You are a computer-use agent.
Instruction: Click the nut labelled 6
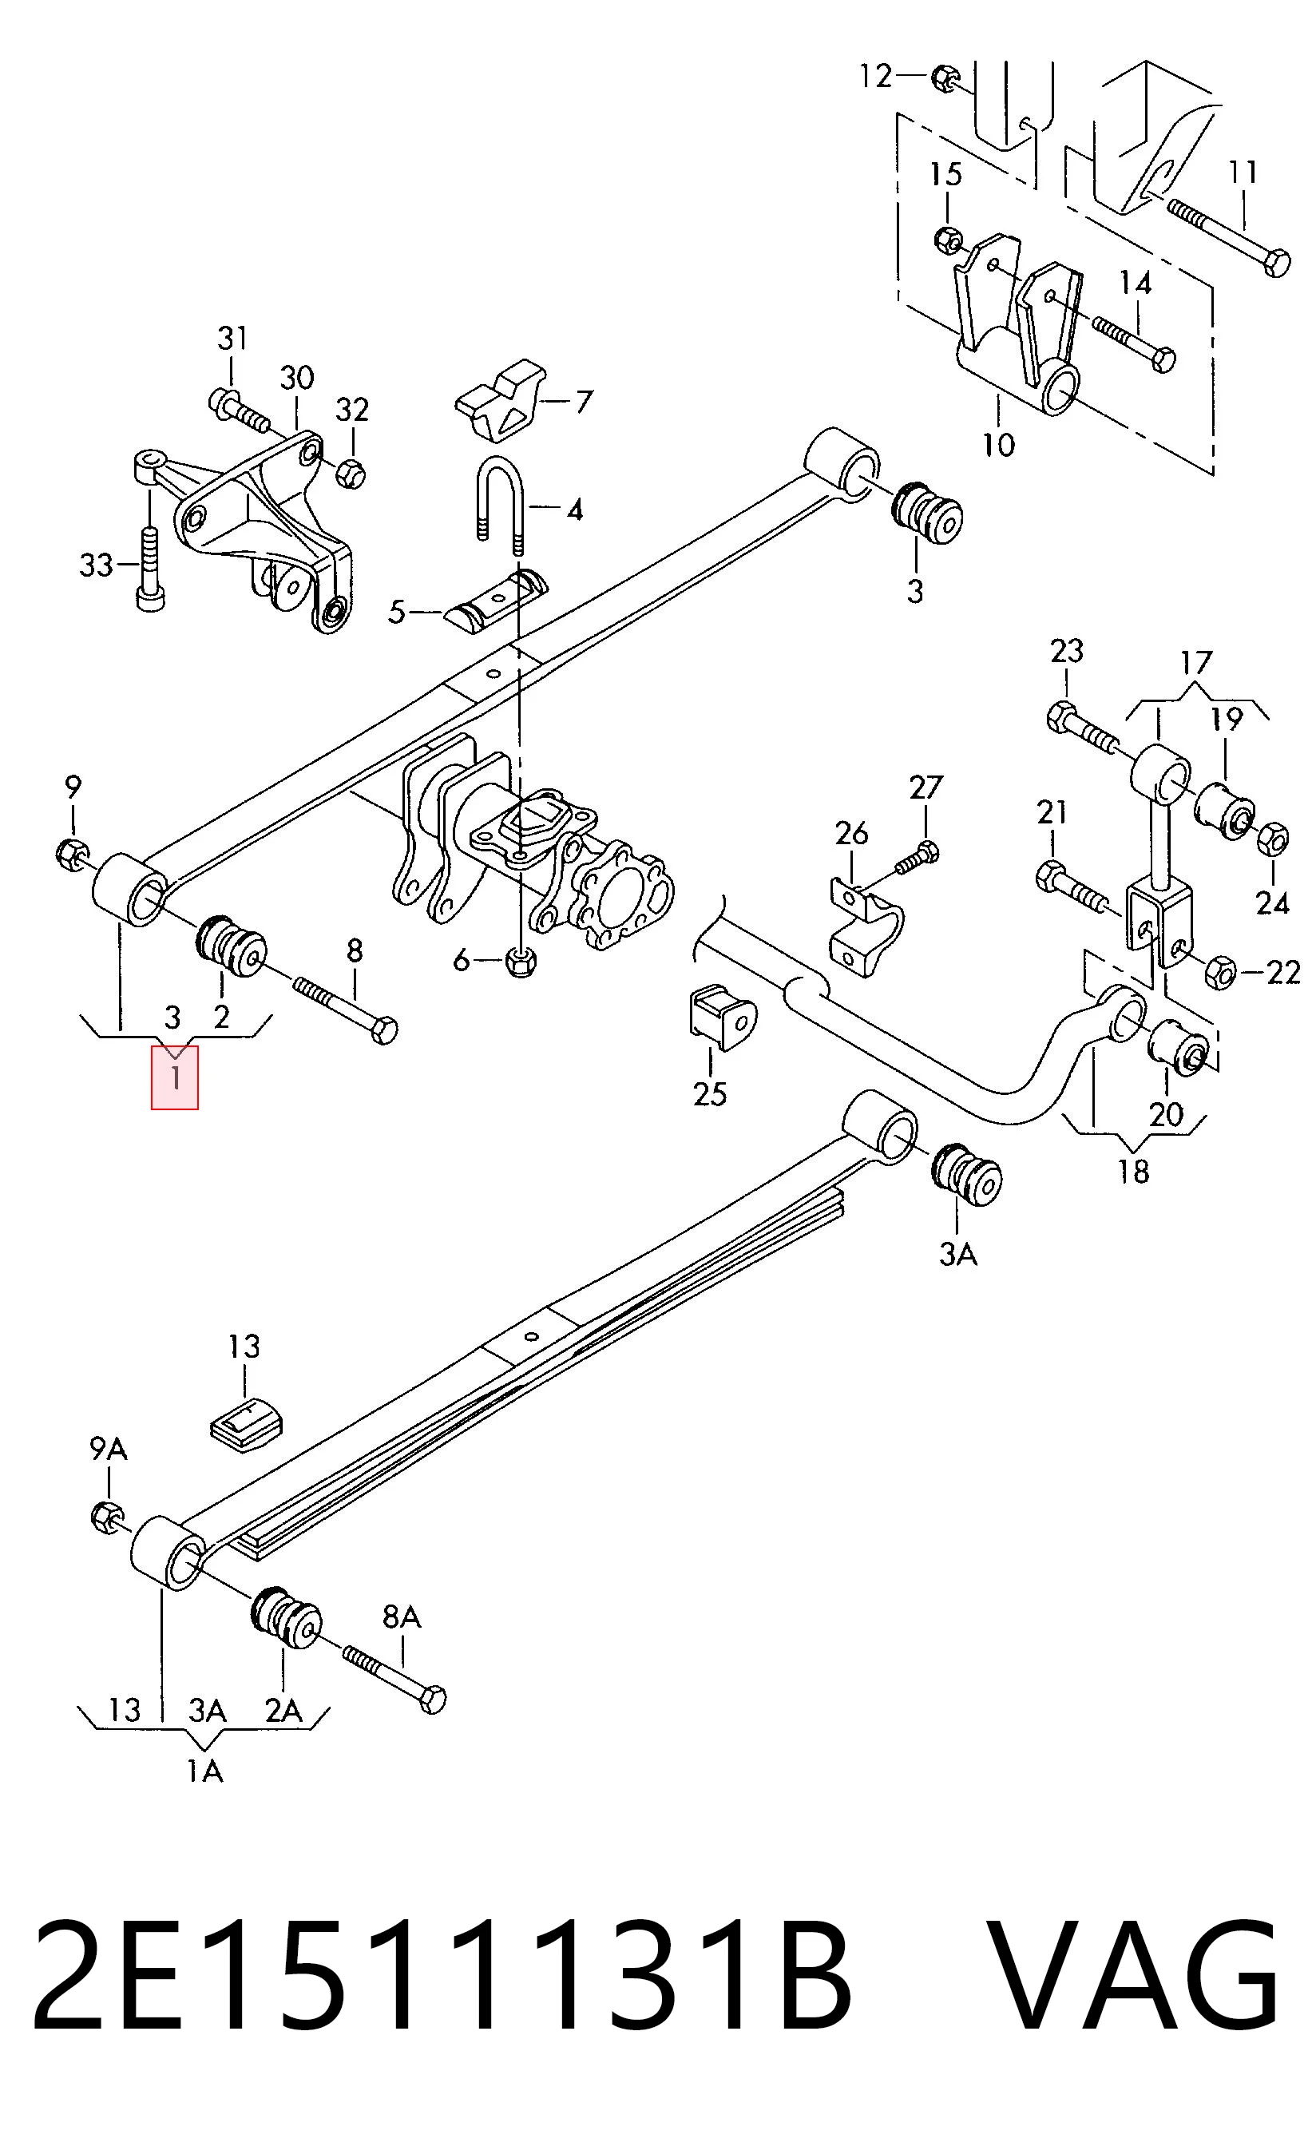[521, 962]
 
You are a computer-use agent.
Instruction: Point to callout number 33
[96, 565]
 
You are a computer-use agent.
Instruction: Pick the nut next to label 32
[351, 473]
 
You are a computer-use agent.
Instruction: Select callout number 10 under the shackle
[998, 444]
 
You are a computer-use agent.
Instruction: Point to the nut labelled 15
[949, 238]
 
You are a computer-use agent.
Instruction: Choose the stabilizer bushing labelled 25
[723, 1017]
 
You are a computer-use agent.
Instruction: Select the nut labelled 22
[1220, 972]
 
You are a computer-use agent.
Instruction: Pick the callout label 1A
[204, 1770]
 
